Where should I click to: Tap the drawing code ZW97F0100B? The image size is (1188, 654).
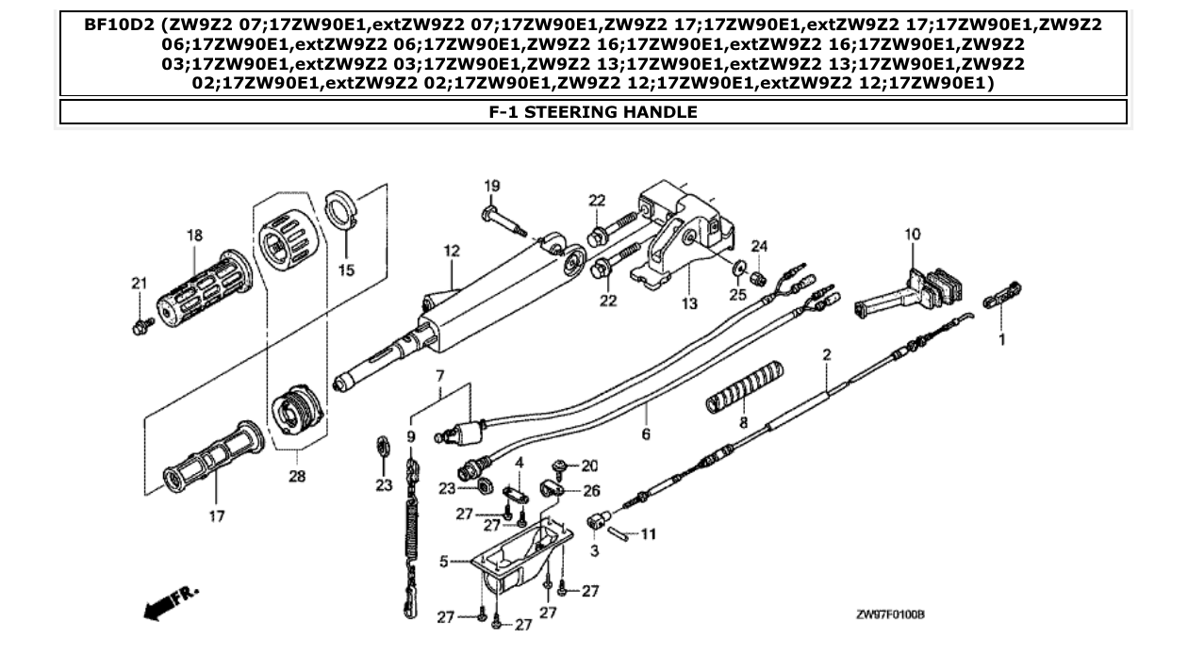[889, 614]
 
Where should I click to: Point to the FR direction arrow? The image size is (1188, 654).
[172, 602]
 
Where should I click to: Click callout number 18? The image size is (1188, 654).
[193, 236]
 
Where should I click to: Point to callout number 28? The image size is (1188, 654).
[297, 477]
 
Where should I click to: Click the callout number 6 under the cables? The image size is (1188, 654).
[646, 436]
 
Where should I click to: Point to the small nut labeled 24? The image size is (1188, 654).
[754, 277]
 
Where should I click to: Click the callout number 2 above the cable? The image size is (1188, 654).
[826, 355]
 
